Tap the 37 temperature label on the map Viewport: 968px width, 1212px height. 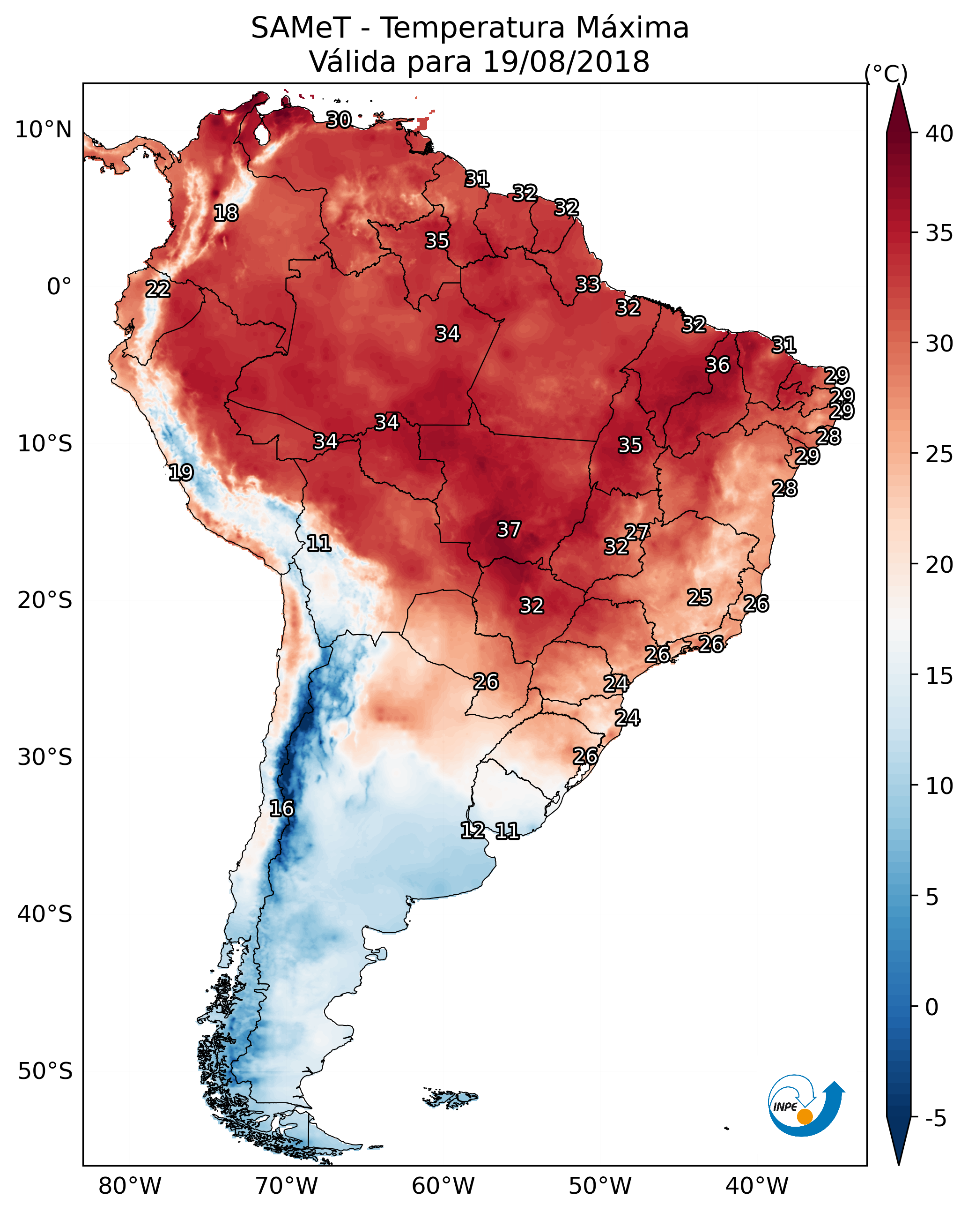pyautogui.click(x=509, y=529)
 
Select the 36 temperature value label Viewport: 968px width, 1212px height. pyautogui.click(x=717, y=364)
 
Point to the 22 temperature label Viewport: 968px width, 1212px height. pyautogui.click(x=158, y=289)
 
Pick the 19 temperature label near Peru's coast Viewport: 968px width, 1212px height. pyautogui.click(x=181, y=472)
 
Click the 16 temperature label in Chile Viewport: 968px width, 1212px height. pyautogui.click(x=281, y=808)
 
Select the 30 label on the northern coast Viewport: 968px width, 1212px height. pyautogui.click(x=339, y=119)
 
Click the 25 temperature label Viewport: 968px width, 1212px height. pyautogui.click(x=700, y=597)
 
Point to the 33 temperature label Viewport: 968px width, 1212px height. pyautogui.click(x=588, y=284)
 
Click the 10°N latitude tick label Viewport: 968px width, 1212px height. pyautogui.click(x=43, y=130)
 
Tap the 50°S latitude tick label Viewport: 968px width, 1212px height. pyautogui.click(x=45, y=1071)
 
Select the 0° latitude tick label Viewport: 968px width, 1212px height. pyautogui.click(x=59, y=286)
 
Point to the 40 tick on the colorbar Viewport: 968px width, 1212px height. pyautogui.click(x=939, y=134)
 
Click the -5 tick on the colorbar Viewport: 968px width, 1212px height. pyautogui.click(x=935, y=1118)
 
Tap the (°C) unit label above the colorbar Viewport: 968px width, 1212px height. pyautogui.click(x=886, y=74)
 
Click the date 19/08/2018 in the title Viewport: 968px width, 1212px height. pyautogui.click(x=566, y=62)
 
